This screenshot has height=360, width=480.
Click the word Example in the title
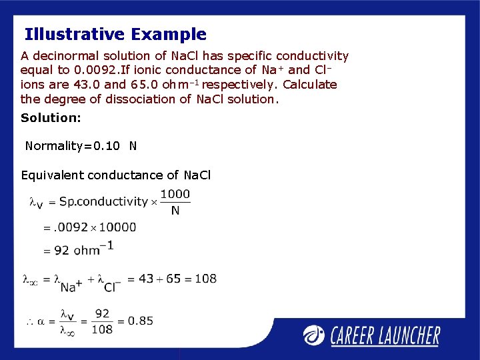[169, 35]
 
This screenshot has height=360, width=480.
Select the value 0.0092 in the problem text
[93, 70]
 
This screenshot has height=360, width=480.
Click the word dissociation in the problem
[142, 99]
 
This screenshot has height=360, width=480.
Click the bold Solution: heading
[51, 118]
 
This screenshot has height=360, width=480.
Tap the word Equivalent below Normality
[53, 175]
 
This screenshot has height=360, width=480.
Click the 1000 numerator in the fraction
[175, 194]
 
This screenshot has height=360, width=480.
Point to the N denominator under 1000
[175, 211]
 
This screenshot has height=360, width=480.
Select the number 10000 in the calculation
[117, 227]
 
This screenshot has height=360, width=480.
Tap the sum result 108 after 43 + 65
[205, 279]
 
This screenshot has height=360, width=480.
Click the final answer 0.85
[141, 321]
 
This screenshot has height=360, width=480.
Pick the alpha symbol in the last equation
[41, 321]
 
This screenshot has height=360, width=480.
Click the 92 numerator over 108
[102, 313]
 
